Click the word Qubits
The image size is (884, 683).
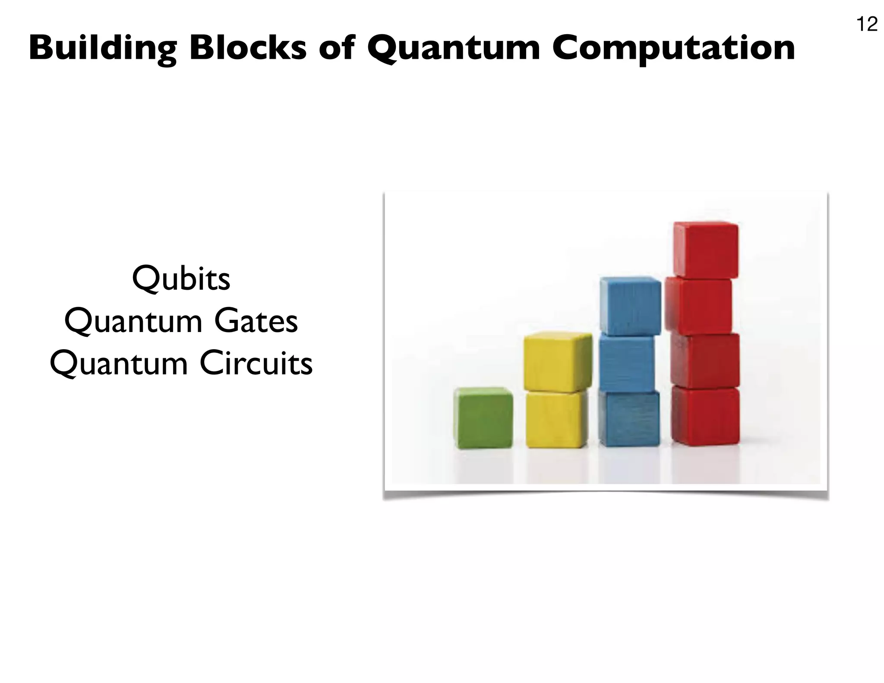181,279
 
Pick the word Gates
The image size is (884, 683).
256,322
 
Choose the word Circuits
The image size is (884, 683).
256,364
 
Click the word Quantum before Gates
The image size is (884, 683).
133,322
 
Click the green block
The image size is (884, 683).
483,417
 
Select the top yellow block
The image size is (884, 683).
558,362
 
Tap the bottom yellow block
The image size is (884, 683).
557,419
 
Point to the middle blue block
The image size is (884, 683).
627,364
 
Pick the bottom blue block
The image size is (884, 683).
629,418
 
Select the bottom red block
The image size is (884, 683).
705,415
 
